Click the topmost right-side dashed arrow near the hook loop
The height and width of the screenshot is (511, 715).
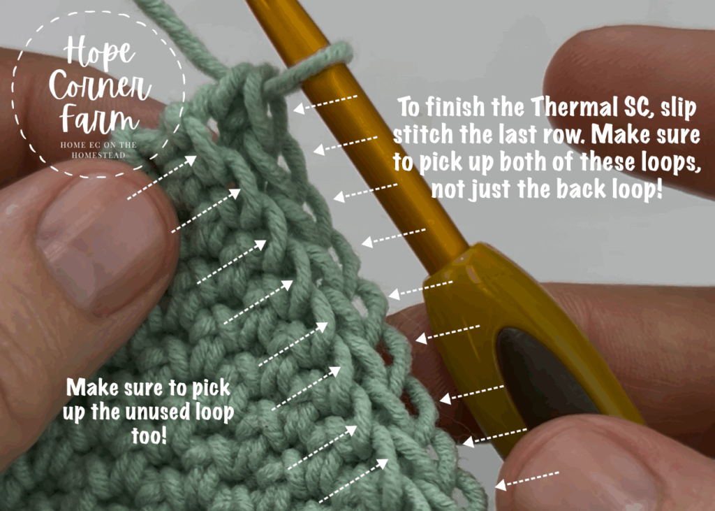325,103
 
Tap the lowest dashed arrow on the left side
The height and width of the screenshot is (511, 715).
353,481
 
